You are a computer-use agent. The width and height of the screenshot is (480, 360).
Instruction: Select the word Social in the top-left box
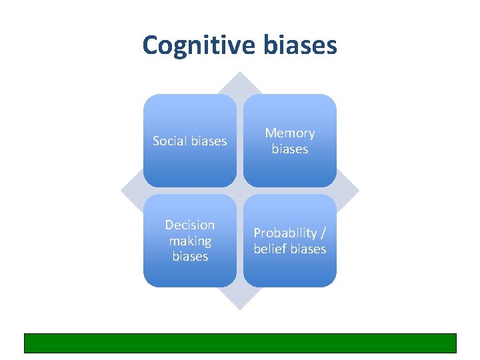[x=170, y=141]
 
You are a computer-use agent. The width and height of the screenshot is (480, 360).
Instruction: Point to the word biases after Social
[x=209, y=141]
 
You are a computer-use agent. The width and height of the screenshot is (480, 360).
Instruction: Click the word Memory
[x=290, y=133]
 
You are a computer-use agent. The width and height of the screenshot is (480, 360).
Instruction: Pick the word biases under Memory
[x=290, y=149]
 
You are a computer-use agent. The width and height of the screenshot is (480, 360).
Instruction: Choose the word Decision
[x=190, y=225]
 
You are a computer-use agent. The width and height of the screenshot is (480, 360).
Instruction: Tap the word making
[x=190, y=241]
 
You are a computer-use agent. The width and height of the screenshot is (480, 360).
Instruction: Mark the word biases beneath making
[x=190, y=257]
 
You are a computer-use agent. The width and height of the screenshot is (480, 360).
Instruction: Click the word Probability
[x=284, y=233]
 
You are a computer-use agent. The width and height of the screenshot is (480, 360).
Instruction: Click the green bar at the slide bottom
[x=240, y=343]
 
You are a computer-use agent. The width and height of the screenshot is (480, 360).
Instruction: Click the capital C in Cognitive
[x=151, y=45]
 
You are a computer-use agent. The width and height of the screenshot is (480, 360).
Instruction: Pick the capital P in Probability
[x=257, y=233]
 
